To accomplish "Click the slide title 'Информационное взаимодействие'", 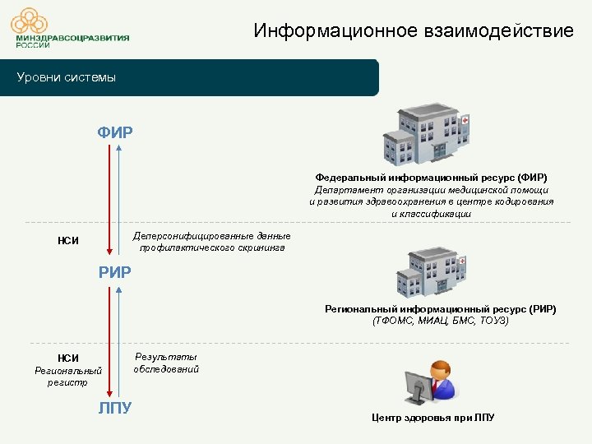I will pos(414,31).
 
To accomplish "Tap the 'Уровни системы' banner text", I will pos(67,78).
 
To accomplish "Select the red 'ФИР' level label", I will pos(115,132).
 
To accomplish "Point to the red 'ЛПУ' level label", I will pos(115,409).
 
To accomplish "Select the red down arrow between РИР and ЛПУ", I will pos(109,342).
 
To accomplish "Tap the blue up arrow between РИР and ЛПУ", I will pos(120,342).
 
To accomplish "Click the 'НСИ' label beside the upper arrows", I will pos(68,241).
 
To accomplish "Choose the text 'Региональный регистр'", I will pos(68,377).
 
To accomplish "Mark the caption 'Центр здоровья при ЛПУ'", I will pos(433,418).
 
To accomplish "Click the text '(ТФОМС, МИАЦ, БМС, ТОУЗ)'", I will pos(440,320).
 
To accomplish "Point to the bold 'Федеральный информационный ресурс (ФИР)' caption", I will pos(431,177).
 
